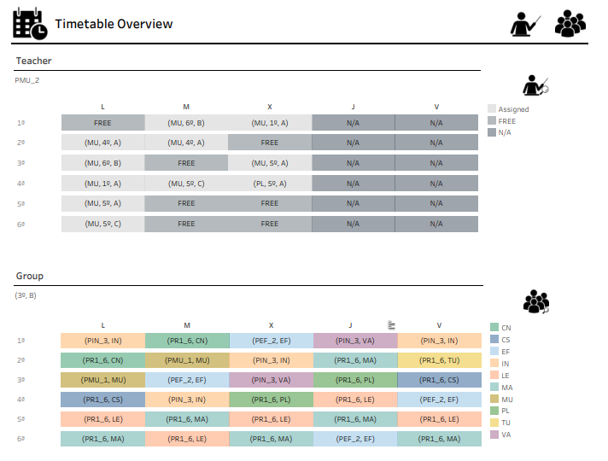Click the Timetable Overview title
pos(114,24)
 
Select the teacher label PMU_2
pos(27,79)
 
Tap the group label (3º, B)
pos(26,295)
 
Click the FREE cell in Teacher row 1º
pos(102,123)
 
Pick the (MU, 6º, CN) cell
pos(186,123)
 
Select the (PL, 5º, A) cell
pos(270,184)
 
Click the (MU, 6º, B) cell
pos(102,163)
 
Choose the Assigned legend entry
pos(513,109)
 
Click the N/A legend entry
pos(506,132)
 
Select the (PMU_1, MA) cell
pos(186,360)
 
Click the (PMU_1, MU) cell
pos(102,380)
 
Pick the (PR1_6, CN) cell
pos(102,360)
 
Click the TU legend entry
pos(506,423)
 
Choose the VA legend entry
pos(506,435)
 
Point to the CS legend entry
pos(506,340)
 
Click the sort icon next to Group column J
pos(390,324)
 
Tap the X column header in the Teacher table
pos(270,107)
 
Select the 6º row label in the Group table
pos(20,439)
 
